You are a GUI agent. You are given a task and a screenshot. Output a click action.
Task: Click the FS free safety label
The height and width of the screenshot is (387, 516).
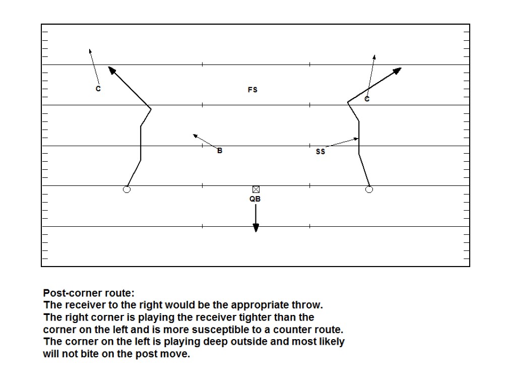point(252,90)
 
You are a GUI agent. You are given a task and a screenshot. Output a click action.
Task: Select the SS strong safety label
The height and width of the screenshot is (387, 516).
point(320,151)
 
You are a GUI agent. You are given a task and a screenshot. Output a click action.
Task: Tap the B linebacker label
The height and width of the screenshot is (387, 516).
point(220,150)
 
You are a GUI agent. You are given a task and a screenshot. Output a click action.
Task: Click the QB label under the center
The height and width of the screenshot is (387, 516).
point(255,199)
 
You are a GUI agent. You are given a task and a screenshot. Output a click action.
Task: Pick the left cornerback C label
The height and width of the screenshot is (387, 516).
point(98,89)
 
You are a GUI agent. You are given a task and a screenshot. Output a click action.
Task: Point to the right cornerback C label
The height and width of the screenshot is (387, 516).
point(367,99)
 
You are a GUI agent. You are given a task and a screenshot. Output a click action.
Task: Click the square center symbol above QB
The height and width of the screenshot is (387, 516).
point(256,189)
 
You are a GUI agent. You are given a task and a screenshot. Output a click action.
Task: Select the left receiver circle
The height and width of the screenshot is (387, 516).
point(127,189)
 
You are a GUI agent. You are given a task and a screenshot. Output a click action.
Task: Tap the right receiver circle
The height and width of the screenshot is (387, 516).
point(369,189)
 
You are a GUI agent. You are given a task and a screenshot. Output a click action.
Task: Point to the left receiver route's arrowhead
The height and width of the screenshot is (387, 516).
point(111,70)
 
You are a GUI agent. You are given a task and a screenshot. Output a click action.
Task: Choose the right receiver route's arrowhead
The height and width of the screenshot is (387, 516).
point(398,70)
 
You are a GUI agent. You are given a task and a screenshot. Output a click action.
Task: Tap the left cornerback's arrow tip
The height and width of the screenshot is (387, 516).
point(90,50)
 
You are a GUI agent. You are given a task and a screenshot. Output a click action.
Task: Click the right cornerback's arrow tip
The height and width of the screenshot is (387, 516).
point(374,56)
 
